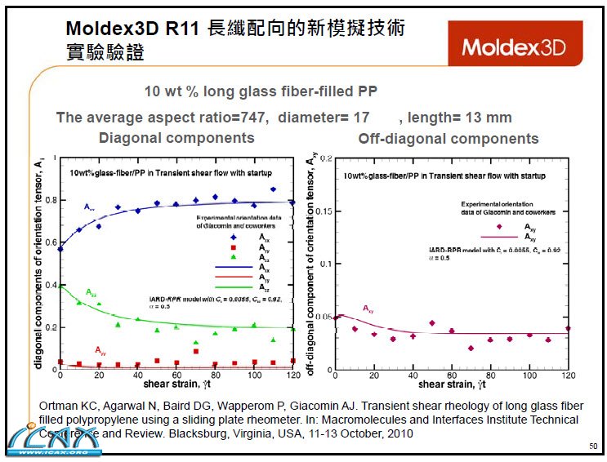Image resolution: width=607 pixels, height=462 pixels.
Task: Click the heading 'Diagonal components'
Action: pos(176,138)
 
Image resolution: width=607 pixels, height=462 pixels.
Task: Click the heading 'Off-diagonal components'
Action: pos(449,139)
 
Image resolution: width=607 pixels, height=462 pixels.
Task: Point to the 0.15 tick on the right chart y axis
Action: pos(323,211)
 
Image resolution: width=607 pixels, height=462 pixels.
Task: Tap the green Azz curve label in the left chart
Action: pos(94,291)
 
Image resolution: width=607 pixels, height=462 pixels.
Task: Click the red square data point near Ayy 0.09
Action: pos(195,350)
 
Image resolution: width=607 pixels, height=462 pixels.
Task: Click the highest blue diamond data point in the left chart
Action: pos(273,189)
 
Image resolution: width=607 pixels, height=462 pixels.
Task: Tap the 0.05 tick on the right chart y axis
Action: pos(323,316)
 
